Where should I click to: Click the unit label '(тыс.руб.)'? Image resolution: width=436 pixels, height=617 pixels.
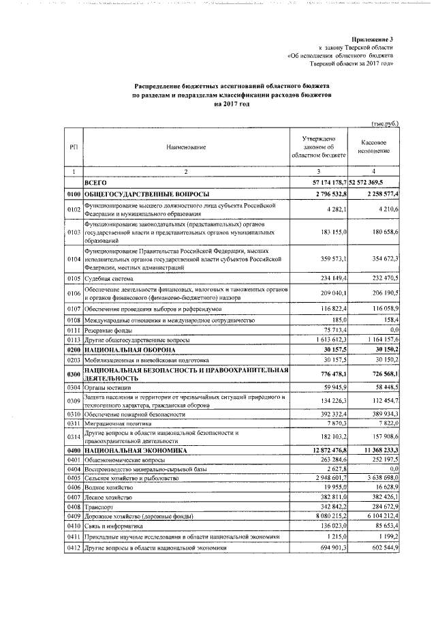[385, 124]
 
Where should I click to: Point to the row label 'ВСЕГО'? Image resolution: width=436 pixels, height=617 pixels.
[95, 183]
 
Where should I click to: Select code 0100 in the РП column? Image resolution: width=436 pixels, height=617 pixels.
[74, 195]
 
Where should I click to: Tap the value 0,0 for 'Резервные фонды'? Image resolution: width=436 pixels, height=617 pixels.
[392, 329]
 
